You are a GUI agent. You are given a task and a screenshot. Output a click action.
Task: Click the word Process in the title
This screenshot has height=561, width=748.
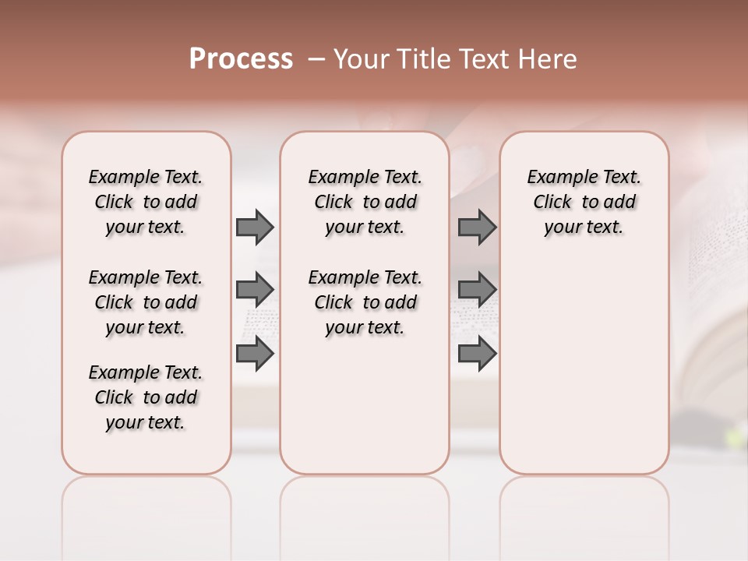coord(241,58)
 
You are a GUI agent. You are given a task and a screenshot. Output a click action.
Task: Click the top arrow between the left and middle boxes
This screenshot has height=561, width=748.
coord(255,227)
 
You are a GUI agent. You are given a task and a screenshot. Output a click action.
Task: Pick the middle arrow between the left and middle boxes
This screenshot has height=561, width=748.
coord(255,290)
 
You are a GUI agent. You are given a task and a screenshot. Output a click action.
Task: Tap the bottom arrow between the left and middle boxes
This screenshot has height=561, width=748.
coord(255,354)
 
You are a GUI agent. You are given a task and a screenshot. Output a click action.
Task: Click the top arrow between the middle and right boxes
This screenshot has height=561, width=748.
coord(477,227)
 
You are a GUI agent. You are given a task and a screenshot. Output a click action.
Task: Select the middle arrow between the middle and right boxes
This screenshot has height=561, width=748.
coord(477,290)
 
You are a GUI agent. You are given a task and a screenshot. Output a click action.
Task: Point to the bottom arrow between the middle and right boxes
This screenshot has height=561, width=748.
coord(477,354)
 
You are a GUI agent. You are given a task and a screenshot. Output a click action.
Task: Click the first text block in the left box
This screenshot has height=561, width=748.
coord(146,202)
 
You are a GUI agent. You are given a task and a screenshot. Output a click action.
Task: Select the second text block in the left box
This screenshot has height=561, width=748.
coord(146,302)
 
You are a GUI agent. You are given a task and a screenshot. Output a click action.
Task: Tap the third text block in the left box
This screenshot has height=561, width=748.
coord(146,397)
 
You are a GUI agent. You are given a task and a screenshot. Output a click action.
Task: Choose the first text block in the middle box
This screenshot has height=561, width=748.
coord(365,202)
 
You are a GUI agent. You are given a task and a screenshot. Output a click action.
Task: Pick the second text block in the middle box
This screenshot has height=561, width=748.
coord(365,302)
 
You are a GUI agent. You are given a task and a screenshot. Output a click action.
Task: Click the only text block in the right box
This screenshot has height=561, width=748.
coord(584,202)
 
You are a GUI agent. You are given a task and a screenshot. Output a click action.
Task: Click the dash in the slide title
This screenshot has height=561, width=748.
coord(316,59)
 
